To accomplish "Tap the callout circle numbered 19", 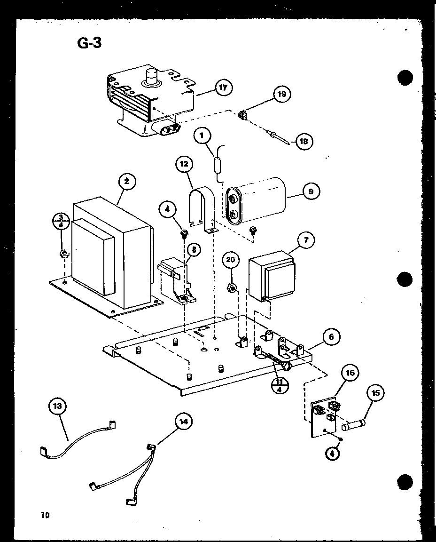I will [x=282, y=94].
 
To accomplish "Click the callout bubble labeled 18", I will [x=305, y=141].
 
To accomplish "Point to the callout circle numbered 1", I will [x=202, y=137].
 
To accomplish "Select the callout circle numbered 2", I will [x=127, y=182].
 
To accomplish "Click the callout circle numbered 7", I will [x=306, y=240].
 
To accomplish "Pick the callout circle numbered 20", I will [x=230, y=260].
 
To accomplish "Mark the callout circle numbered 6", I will [x=332, y=337].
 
